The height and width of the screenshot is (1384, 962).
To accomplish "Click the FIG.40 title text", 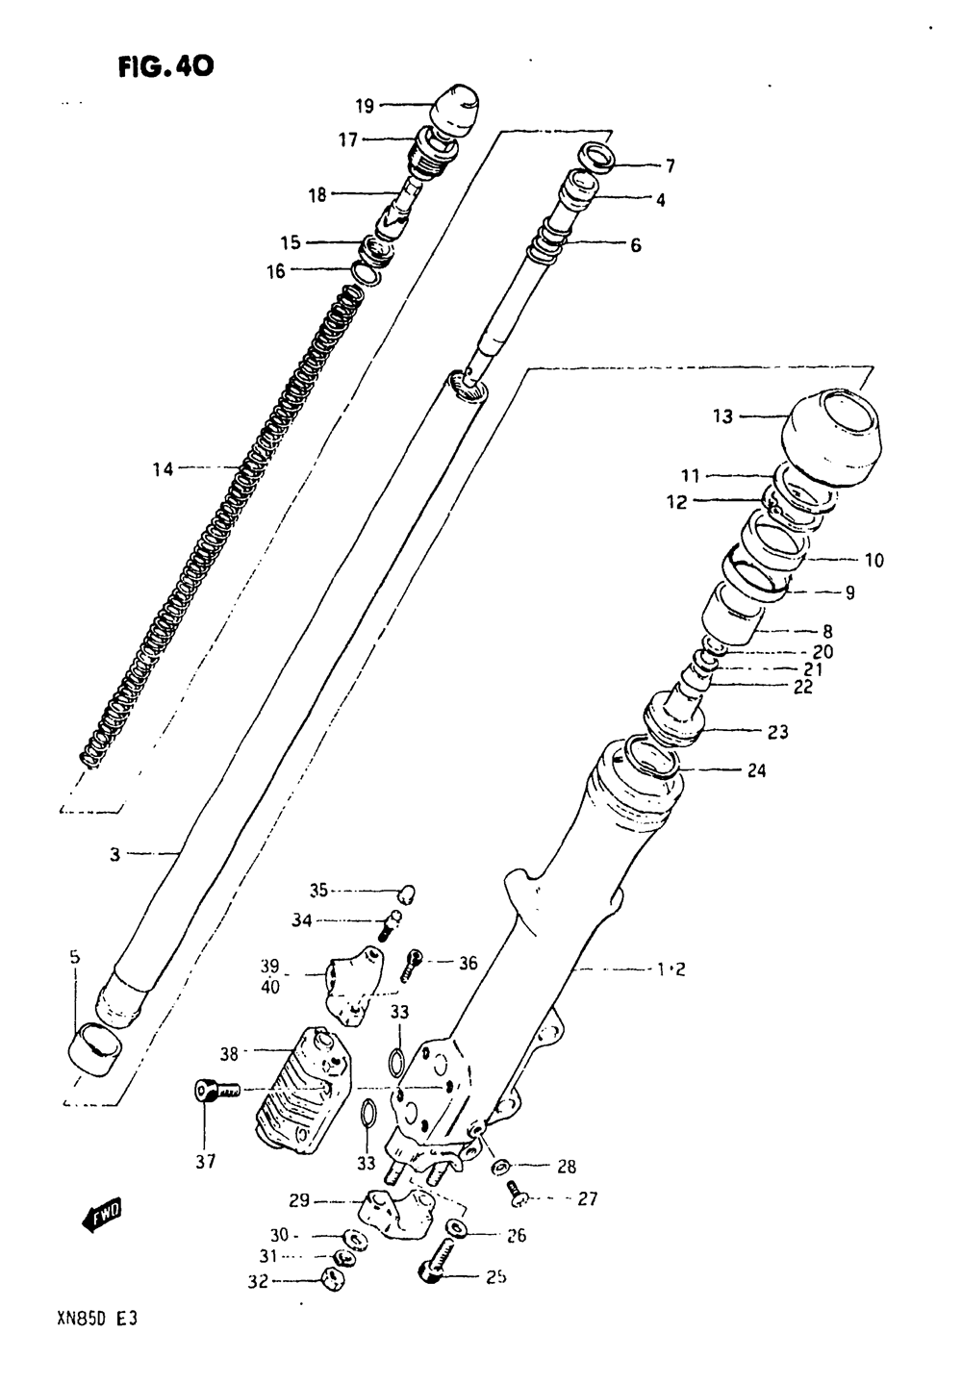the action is [165, 66].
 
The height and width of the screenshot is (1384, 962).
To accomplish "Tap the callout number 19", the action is [366, 106].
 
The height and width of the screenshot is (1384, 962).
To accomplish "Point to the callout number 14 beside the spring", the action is [164, 469].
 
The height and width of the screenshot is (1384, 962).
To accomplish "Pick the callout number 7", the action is [670, 165].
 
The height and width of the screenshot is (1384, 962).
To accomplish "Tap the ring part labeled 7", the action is [596, 157].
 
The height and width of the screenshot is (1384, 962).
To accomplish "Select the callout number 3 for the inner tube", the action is [114, 856].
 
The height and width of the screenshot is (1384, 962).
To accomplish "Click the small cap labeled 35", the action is [408, 893].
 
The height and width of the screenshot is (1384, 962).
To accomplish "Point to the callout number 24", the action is [756, 770].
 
